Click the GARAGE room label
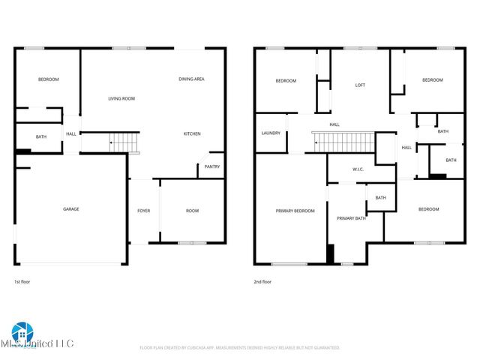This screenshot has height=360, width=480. coord(71,209)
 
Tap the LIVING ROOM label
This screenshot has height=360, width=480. coord(121,98)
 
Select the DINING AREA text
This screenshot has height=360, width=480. coord(191,79)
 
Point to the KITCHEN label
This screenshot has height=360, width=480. coord(192,134)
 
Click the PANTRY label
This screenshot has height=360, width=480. coord(212,167)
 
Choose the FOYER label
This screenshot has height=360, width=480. coord(143,211)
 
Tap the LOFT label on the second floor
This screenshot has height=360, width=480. coord(360,85)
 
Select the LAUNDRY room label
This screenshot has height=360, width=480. coord(271,133)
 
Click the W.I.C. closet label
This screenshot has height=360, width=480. coord(358,169)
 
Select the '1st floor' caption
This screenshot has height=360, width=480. coord(23,282)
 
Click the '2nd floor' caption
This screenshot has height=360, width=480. coord(263,282)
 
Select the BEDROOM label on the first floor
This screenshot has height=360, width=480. coord(48,79)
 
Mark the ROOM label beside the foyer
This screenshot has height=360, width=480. coord(192,211)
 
